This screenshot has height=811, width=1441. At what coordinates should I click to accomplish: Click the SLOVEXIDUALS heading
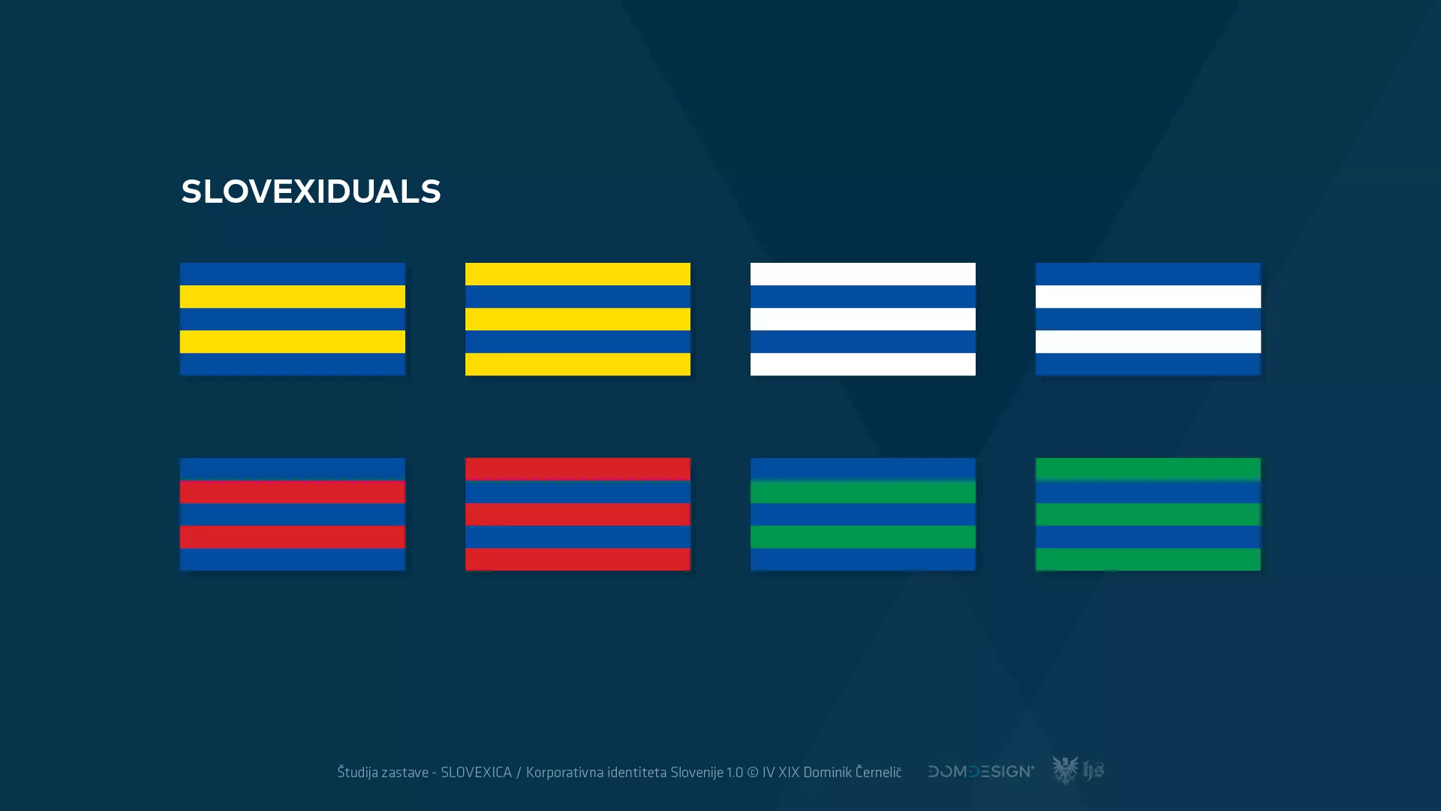311,191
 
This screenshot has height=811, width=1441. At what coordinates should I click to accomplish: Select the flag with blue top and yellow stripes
293,319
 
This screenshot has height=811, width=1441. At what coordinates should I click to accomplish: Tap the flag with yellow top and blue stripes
578,319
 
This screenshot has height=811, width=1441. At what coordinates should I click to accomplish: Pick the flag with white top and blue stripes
863,319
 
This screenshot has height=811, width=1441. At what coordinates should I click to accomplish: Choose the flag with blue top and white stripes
1148,319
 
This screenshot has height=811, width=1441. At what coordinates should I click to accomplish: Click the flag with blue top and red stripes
293,514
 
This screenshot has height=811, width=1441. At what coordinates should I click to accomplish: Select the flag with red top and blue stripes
578,514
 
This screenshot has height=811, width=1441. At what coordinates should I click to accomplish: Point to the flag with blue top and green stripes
863,514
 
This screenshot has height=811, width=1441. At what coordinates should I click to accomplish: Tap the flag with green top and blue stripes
1148,514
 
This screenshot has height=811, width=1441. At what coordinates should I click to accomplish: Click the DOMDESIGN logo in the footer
981,771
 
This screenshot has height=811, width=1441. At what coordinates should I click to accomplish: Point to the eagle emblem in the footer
1065,770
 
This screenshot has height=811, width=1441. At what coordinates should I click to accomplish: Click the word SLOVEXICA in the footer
476,772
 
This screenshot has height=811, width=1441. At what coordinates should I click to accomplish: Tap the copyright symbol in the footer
752,772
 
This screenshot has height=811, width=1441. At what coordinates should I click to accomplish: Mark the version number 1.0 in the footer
734,772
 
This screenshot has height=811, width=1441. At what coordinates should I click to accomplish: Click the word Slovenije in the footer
696,772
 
